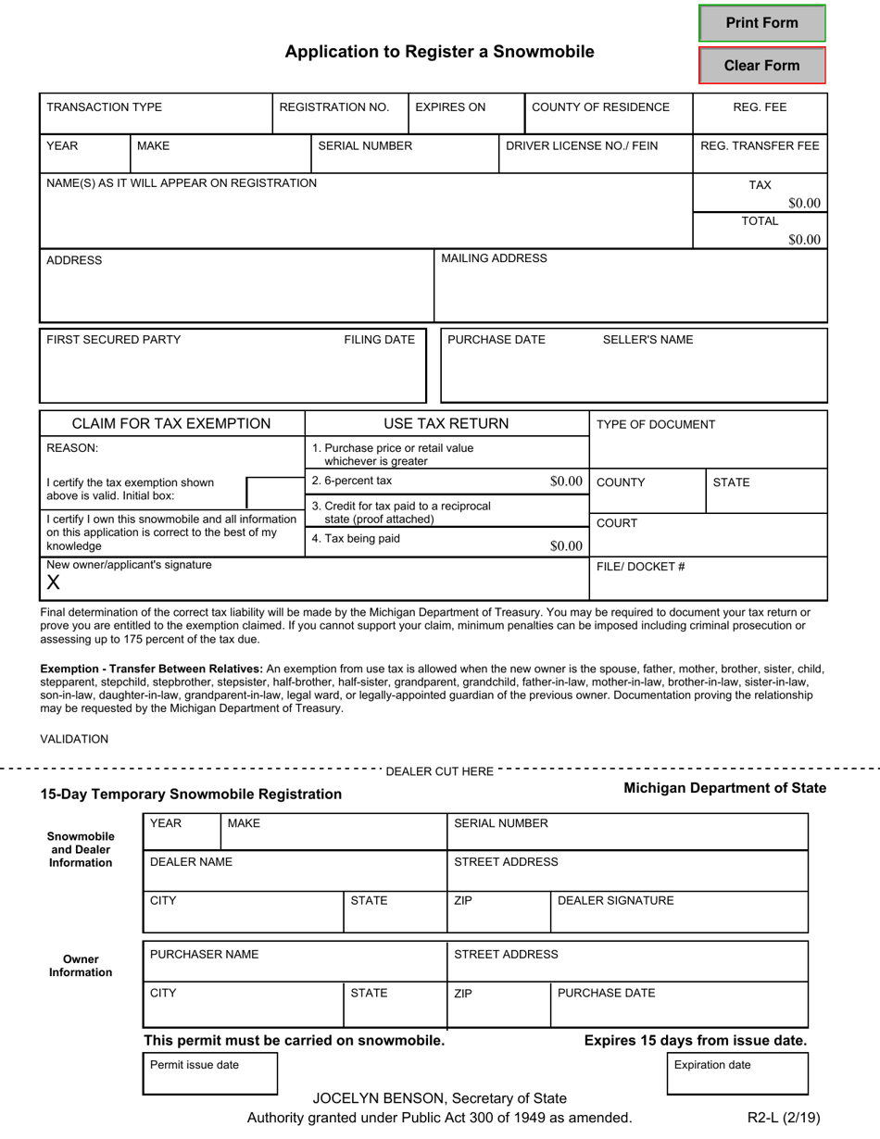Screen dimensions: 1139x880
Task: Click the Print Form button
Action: [761, 23]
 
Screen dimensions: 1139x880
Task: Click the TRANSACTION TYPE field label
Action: [104, 107]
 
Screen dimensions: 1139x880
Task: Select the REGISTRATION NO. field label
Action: [333, 107]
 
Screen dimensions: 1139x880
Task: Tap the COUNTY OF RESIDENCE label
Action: [600, 107]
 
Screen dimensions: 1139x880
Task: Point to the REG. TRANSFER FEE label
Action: [760, 145]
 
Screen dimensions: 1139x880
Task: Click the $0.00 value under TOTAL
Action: [804, 240]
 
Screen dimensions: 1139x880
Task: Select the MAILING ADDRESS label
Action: [494, 258]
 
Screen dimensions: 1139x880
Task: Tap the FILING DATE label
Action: [379, 340]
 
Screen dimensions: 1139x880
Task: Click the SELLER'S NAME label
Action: [647, 340]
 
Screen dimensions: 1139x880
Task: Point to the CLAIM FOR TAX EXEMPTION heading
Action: [171, 424]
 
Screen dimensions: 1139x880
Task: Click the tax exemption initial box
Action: [274, 494]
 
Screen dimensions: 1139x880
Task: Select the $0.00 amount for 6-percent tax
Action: [566, 482]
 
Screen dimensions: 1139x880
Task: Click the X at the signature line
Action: [53, 582]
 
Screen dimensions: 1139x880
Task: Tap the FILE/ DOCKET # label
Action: [640, 567]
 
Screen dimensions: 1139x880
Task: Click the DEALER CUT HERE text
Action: [439, 771]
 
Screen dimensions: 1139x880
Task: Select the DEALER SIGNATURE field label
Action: [615, 901]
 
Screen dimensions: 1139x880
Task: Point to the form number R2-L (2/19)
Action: [784, 1118]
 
